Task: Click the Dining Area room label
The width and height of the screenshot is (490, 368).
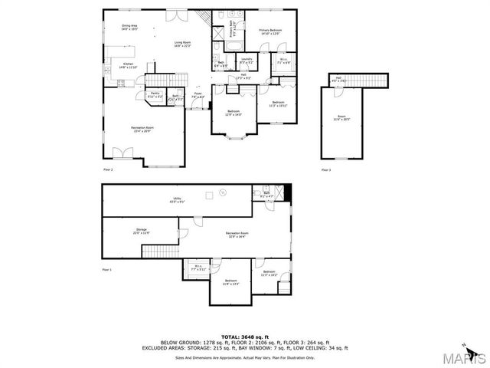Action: point(129,28)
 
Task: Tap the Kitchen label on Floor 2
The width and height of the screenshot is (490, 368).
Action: point(128,66)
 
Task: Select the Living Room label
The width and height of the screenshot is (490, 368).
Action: point(182,44)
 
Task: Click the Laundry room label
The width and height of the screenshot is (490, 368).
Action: point(247,60)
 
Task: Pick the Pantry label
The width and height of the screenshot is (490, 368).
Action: point(155,94)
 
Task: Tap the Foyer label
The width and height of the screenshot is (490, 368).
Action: point(198,96)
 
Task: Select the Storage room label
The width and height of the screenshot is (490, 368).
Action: point(142,231)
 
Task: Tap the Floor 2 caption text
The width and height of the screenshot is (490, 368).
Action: point(108,169)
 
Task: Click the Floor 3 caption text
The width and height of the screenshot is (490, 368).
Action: point(326,169)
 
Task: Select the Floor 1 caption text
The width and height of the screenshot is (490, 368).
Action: point(107,270)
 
